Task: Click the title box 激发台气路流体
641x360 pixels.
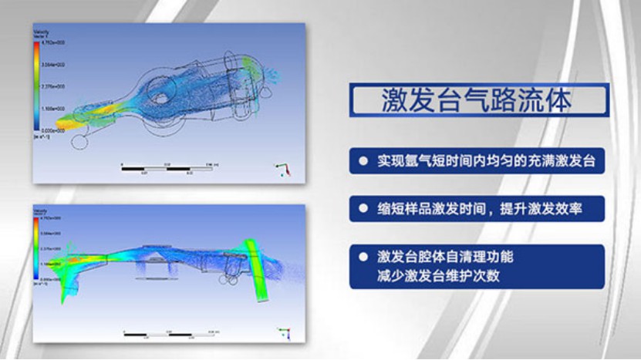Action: [478, 100]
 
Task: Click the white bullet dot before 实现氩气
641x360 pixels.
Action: [363, 162]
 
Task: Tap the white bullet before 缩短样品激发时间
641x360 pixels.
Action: [363, 208]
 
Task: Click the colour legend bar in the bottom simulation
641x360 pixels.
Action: [36, 251]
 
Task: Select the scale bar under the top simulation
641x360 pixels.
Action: [170, 166]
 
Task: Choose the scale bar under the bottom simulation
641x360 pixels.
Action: [170, 334]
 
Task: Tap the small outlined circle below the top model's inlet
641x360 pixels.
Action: [78, 142]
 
